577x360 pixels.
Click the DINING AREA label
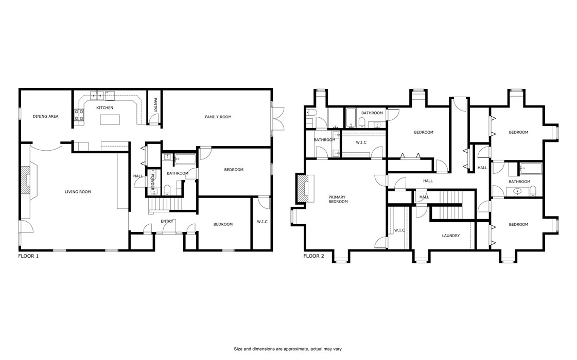[46, 117]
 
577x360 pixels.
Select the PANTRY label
[155, 105]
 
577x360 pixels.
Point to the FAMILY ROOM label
[218, 117]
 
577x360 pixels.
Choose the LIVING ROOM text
[78, 192]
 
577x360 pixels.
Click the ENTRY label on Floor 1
[167, 222]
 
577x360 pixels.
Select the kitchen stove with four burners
[79, 116]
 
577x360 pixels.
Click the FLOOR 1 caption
[28, 256]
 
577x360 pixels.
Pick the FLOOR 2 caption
[313, 256]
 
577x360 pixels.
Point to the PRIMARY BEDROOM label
[338, 199]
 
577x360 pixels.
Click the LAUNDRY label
[450, 236]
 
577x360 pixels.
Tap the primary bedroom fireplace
[302, 189]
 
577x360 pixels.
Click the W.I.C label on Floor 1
[262, 222]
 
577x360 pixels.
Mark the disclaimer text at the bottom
[288, 349]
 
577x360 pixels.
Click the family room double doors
[278, 118]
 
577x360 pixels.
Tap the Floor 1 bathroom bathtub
[183, 159]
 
